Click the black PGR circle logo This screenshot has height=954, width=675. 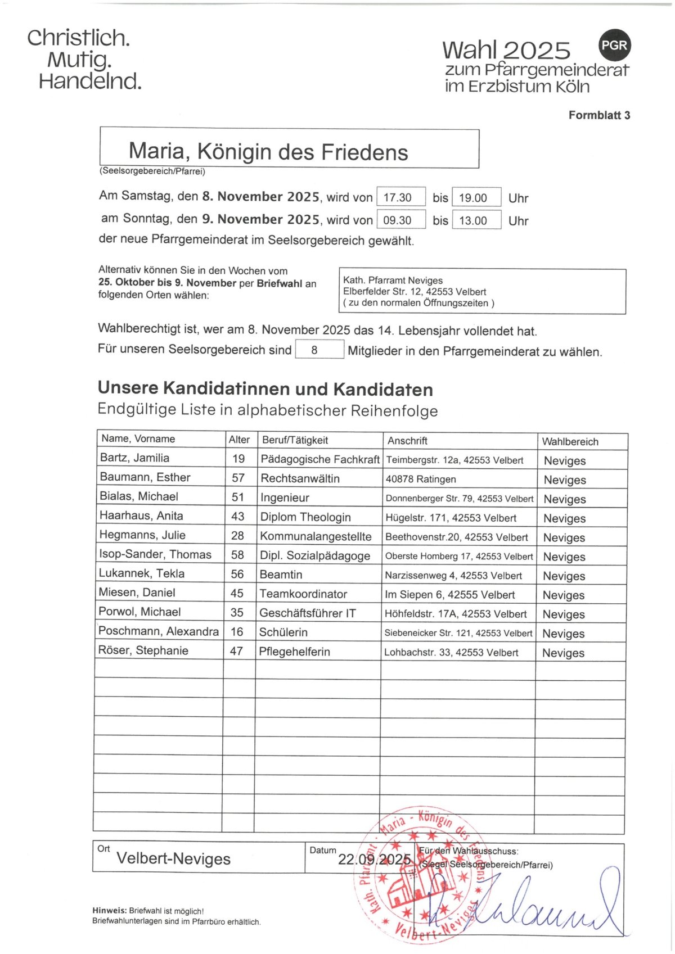click(x=614, y=45)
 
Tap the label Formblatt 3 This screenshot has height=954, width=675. click(x=599, y=115)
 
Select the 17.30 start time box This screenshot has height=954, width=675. click(x=400, y=197)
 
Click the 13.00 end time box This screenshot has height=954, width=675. click(x=476, y=220)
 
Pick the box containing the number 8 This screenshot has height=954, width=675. click(x=319, y=350)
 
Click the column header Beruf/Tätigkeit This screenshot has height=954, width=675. click(x=295, y=440)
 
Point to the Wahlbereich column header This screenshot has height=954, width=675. click(x=570, y=441)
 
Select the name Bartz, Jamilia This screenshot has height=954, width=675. click(x=134, y=458)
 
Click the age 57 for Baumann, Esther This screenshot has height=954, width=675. click(x=238, y=478)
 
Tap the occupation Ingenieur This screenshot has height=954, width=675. click(x=285, y=498)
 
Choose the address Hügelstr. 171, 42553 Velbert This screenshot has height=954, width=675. click(x=451, y=518)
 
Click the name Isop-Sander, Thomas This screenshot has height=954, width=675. click(x=155, y=554)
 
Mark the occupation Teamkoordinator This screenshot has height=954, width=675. click(x=303, y=594)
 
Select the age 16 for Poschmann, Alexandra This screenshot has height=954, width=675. click(x=237, y=632)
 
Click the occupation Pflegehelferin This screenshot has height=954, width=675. click(x=294, y=652)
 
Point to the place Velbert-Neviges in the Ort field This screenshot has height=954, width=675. click(x=173, y=858)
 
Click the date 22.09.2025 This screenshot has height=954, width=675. click(x=375, y=859)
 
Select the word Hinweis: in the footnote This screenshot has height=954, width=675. click(x=109, y=911)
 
